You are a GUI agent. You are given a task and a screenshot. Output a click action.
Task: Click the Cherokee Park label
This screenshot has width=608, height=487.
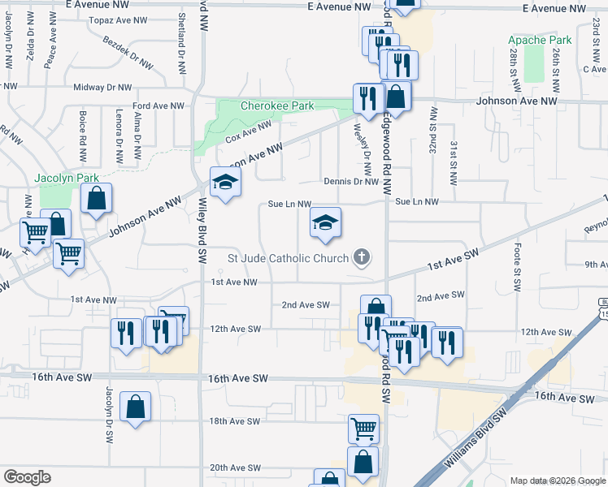click(277, 106)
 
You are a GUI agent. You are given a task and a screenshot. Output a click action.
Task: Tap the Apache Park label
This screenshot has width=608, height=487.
click(540, 40)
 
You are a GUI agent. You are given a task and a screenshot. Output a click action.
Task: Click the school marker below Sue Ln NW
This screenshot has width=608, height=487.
click(325, 224)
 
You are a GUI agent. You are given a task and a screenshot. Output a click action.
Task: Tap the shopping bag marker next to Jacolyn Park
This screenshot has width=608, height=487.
click(96, 199)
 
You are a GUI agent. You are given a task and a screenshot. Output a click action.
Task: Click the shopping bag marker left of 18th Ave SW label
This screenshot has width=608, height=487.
click(136, 407)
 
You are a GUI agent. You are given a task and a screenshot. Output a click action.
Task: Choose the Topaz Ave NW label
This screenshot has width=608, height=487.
click(119, 19)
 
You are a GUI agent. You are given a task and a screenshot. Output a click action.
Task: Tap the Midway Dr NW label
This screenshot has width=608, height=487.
click(102, 87)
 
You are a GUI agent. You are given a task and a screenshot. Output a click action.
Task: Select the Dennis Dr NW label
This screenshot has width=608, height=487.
click(351, 182)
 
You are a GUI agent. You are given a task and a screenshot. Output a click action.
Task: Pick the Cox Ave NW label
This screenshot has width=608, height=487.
click(248, 132)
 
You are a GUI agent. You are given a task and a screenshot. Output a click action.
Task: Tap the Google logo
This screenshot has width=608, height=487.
click(28, 477)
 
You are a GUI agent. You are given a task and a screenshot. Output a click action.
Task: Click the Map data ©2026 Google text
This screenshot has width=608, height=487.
click(556, 481)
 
